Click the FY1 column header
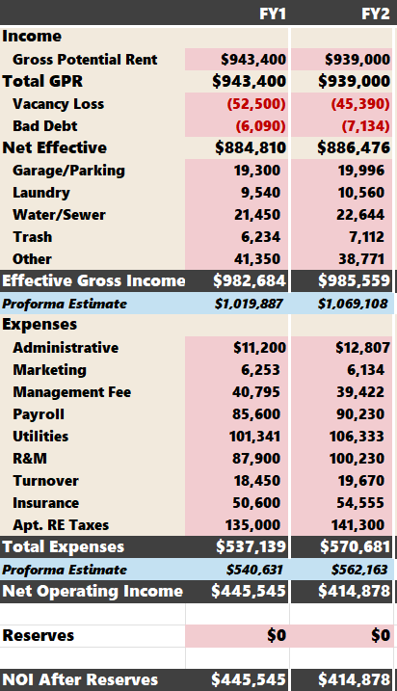[x=273, y=13]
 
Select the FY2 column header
[x=376, y=13]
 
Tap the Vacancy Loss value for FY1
[x=256, y=104]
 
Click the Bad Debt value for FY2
[x=366, y=126]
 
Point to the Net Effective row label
[x=54, y=147]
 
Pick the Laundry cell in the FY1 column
[x=260, y=193]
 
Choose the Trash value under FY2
[x=366, y=237]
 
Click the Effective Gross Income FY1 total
[x=250, y=280]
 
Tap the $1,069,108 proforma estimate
[x=353, y=304]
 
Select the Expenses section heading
[x=40, y=325]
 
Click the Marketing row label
[x=49, y=370]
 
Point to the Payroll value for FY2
[x=360, y=414]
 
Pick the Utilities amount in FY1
[x=254, y=437]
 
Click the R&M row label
[x=30, y=459]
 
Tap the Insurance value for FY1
[x=256, y=503]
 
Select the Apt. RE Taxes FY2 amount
[x=357, y=525]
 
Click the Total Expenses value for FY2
[x=355, y=546]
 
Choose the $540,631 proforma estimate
[x=254, y=570]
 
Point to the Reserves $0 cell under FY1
[x=277, y=635]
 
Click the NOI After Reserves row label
[x=80, y=680]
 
